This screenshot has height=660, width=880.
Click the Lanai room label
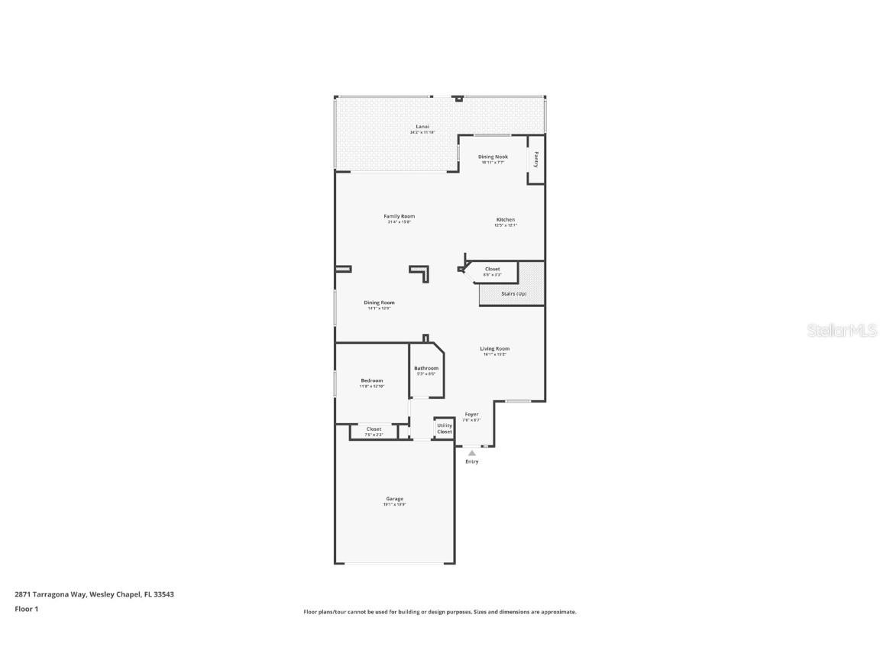pyautogui.click(x=422, y=126)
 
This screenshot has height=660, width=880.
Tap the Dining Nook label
pyautogui.click(x=493, y=157)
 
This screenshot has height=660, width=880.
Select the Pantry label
pyautogui.click(x=536, y=160)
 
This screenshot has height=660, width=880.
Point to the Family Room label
pyautogui.click(x=399, y=216)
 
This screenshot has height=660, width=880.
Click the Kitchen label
pyautogui.click(x=505, y=220)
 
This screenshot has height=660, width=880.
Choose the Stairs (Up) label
pyautogui.click(x=513, y=293)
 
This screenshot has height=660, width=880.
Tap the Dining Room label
pyautogui.click(x=379, y=302)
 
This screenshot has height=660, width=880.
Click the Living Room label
pyautogui.click(x=494, y=349)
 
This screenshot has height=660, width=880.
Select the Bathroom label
pyautogui.click(x=426, y=368)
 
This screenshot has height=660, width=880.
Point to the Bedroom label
pyautogui.click(x=372, y=380)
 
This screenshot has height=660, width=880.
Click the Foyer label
pyautogui.click(x=471, y=414)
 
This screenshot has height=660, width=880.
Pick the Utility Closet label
pyautogui.click(x=445, y=429)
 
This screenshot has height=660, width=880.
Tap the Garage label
pyautogui.click(x=394, y=499)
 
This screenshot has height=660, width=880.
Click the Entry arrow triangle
pyautogui.click(x=472, y=453)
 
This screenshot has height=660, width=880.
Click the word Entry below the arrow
pyautogui.click(x=472, y=461)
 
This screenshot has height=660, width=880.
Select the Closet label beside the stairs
pyautogui.click(x=493, y=269)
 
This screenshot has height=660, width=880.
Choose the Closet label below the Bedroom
pyautogui.click(x=374, y=429)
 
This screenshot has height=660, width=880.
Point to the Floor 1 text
pyautogui.click(x=26, y=609)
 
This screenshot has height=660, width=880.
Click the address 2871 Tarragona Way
pyautogui.click(x=50, y=594)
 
